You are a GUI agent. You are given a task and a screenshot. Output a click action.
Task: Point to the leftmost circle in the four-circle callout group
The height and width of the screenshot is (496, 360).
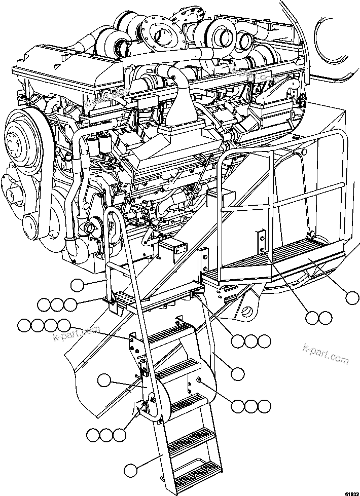pos(24,325)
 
